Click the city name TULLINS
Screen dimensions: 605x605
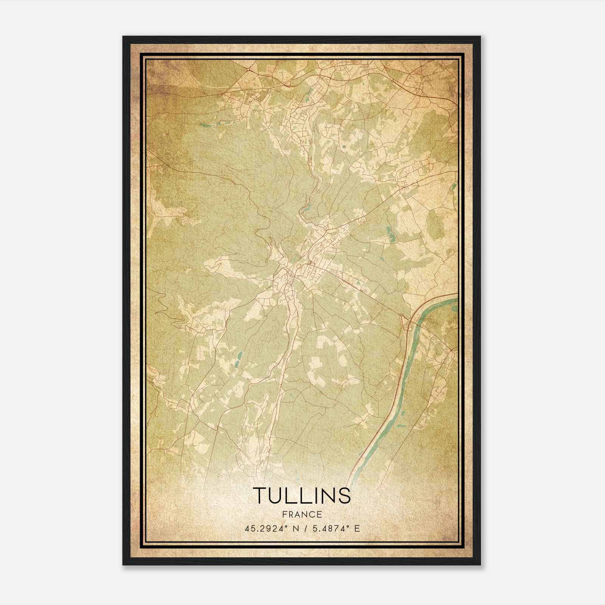[x=302, y=495]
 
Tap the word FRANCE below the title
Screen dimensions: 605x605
[x=302, y=515]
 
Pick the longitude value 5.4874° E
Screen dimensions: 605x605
[x=334, y=529]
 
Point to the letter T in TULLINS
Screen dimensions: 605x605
[x=260, y=495]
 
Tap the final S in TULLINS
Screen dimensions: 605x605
[x=344, y=495]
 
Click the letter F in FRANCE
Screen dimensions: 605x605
[x=284, y=515]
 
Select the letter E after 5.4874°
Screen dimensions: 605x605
[x=357, y=529]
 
